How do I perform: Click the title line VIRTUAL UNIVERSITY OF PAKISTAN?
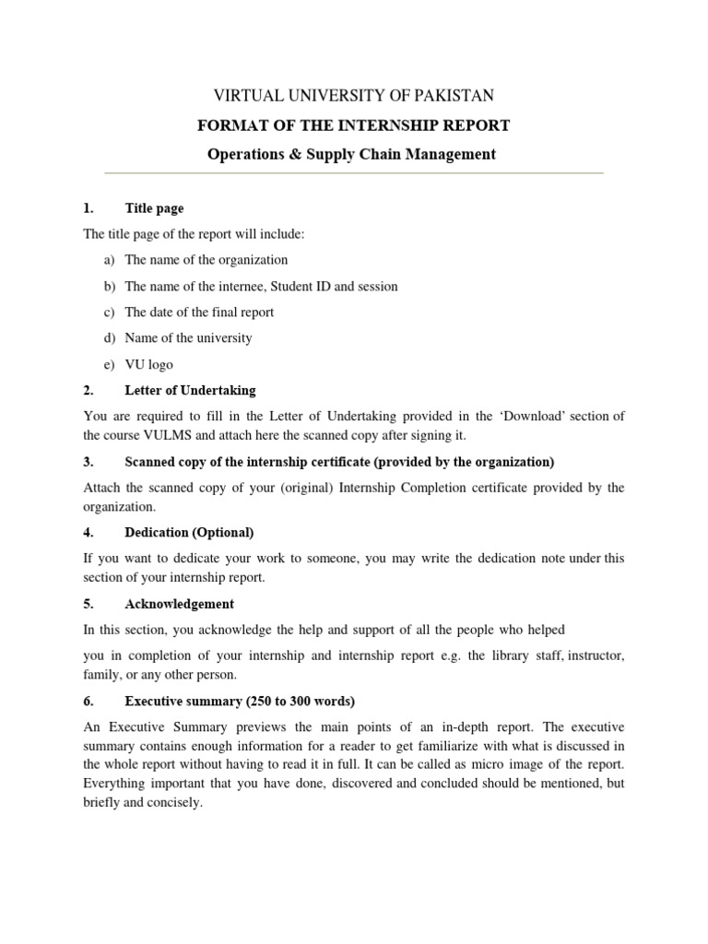[x=354, y=96]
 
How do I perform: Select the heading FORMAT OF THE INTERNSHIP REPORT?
[x=354, y=125]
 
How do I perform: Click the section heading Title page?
[x=154, y=208]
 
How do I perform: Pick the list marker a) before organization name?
[x=110, y=260]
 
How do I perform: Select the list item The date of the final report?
[x=199, y=312]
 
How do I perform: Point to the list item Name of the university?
[x=188, y=337]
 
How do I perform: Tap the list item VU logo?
[x=148, y=364]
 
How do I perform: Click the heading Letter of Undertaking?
[x=190, y=390]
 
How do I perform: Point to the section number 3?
[x=88, y=461]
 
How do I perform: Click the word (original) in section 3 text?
[x=278, y=488]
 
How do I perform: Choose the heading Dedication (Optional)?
[x=189, y=532]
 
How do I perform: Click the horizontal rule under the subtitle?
[x=354, y=173]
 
